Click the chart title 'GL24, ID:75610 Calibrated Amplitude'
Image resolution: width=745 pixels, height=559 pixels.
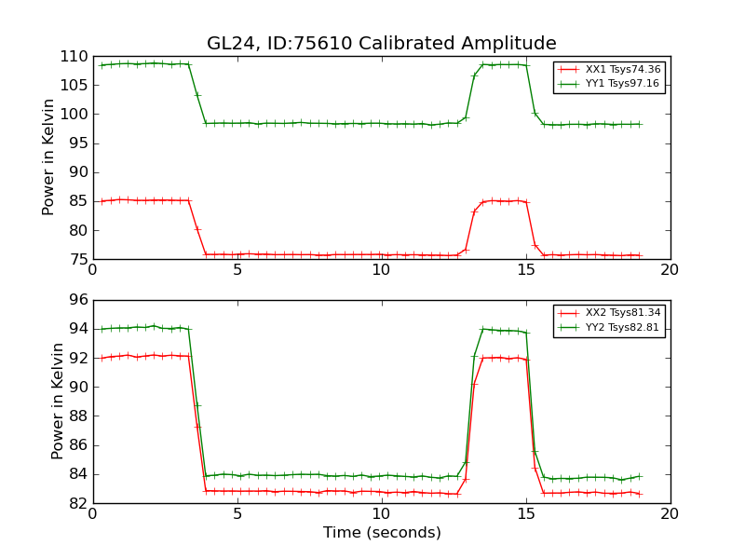(x=381, y=44)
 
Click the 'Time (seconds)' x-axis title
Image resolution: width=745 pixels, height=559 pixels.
(x=382, y=533)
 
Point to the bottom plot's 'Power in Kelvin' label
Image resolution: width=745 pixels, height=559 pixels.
(x=58, y=401)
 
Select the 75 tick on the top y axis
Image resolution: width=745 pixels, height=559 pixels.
(x=76, y=259)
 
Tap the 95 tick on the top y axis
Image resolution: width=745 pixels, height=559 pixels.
(x=76, y=143)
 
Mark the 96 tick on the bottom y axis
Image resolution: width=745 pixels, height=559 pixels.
(x=76, y=300)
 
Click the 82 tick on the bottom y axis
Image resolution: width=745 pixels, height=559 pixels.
(x=76, y=503)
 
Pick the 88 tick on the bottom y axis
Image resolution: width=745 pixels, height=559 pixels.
(x=76, y=416)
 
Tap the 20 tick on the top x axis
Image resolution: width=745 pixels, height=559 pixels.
(x=670, y=270)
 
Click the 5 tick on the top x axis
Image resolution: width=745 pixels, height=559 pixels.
(x=237, y=270)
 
